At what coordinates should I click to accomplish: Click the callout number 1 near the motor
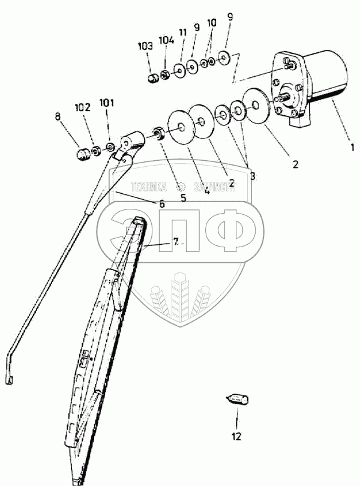click(x=353, y=145)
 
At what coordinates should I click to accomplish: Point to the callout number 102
click(x=82, y=108)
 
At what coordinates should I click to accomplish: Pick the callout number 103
click(x=145, y=46)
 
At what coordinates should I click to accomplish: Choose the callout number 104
click(x=166, y=40)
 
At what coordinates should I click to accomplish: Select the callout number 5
click(x=183, y=196)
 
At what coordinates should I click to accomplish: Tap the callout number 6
click(x=161, y=204)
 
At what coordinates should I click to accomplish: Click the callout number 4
click(x=206, y=191)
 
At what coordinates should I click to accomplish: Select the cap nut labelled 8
click(x=83, y=155)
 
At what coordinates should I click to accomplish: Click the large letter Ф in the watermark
click(x=231, y=231)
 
